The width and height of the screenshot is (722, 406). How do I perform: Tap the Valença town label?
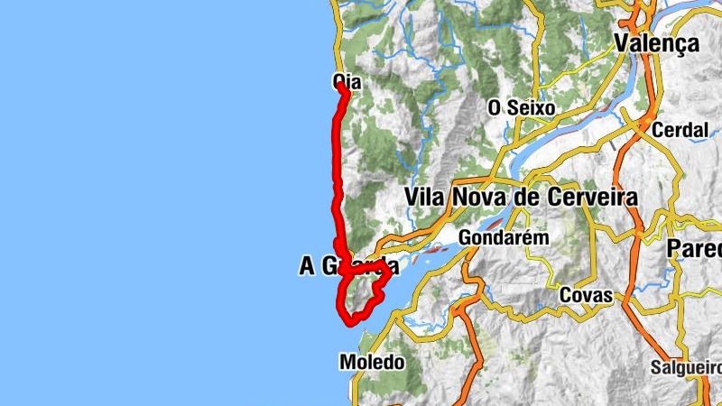pyautogui.click(x=656, y=42)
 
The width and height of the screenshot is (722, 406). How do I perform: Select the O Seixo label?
pyautogui.click(x=521, y=107)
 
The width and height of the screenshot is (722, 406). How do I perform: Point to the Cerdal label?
pyautogui.click(x=680, y=130)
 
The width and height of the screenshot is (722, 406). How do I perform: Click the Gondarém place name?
pyautogui.click(x=504, y=238)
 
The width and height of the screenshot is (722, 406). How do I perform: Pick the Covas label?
pyautogui.click(x=586, y=295)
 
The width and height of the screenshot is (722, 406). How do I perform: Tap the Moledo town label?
pyautogui.click(x=372, y=362)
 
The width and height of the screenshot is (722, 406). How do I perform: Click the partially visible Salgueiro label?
pyautogui.click(x=686, y=367)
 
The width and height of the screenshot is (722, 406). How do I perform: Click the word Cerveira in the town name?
pyautogui.click(x=591, y=197)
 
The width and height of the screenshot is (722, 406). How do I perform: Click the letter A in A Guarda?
pyautogui.click(x=307, y=266)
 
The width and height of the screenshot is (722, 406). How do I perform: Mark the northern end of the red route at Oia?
pyautogui.click(x=342, y=86)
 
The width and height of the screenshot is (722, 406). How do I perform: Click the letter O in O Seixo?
pyautogui.click(x=494, y=107)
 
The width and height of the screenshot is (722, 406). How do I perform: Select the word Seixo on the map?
pyautogui.click(x=531, y=107)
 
